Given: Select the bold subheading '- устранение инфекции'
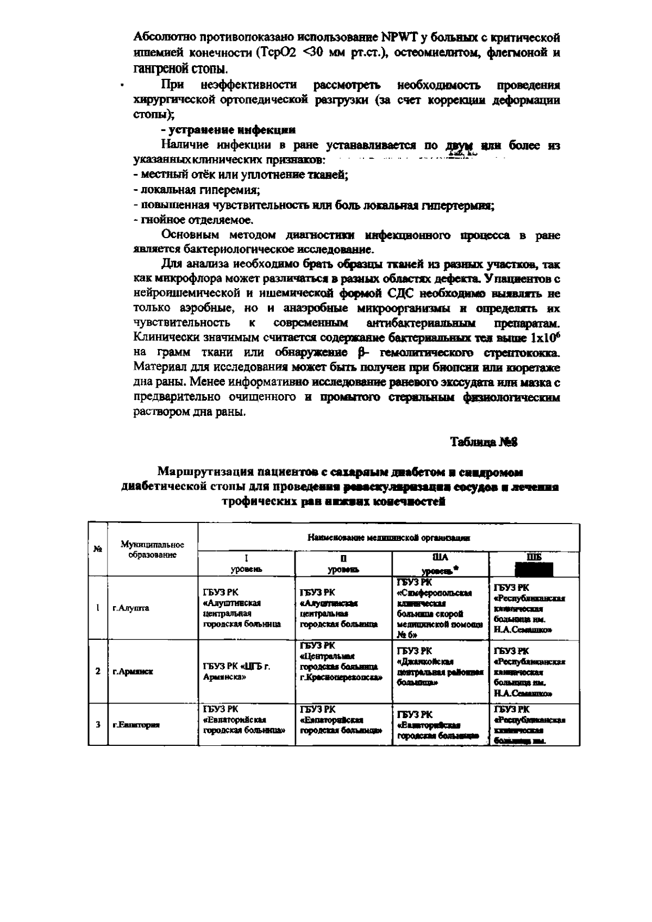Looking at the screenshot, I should pos(229,130).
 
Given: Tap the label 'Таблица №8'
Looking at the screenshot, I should pos(484,442).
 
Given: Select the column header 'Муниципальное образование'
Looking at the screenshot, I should pos(152,550).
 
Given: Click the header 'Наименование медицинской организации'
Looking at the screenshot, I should pos(388,538).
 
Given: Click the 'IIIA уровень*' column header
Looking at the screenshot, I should pos(441,564).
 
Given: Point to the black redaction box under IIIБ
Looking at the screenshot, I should pos(534,569).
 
